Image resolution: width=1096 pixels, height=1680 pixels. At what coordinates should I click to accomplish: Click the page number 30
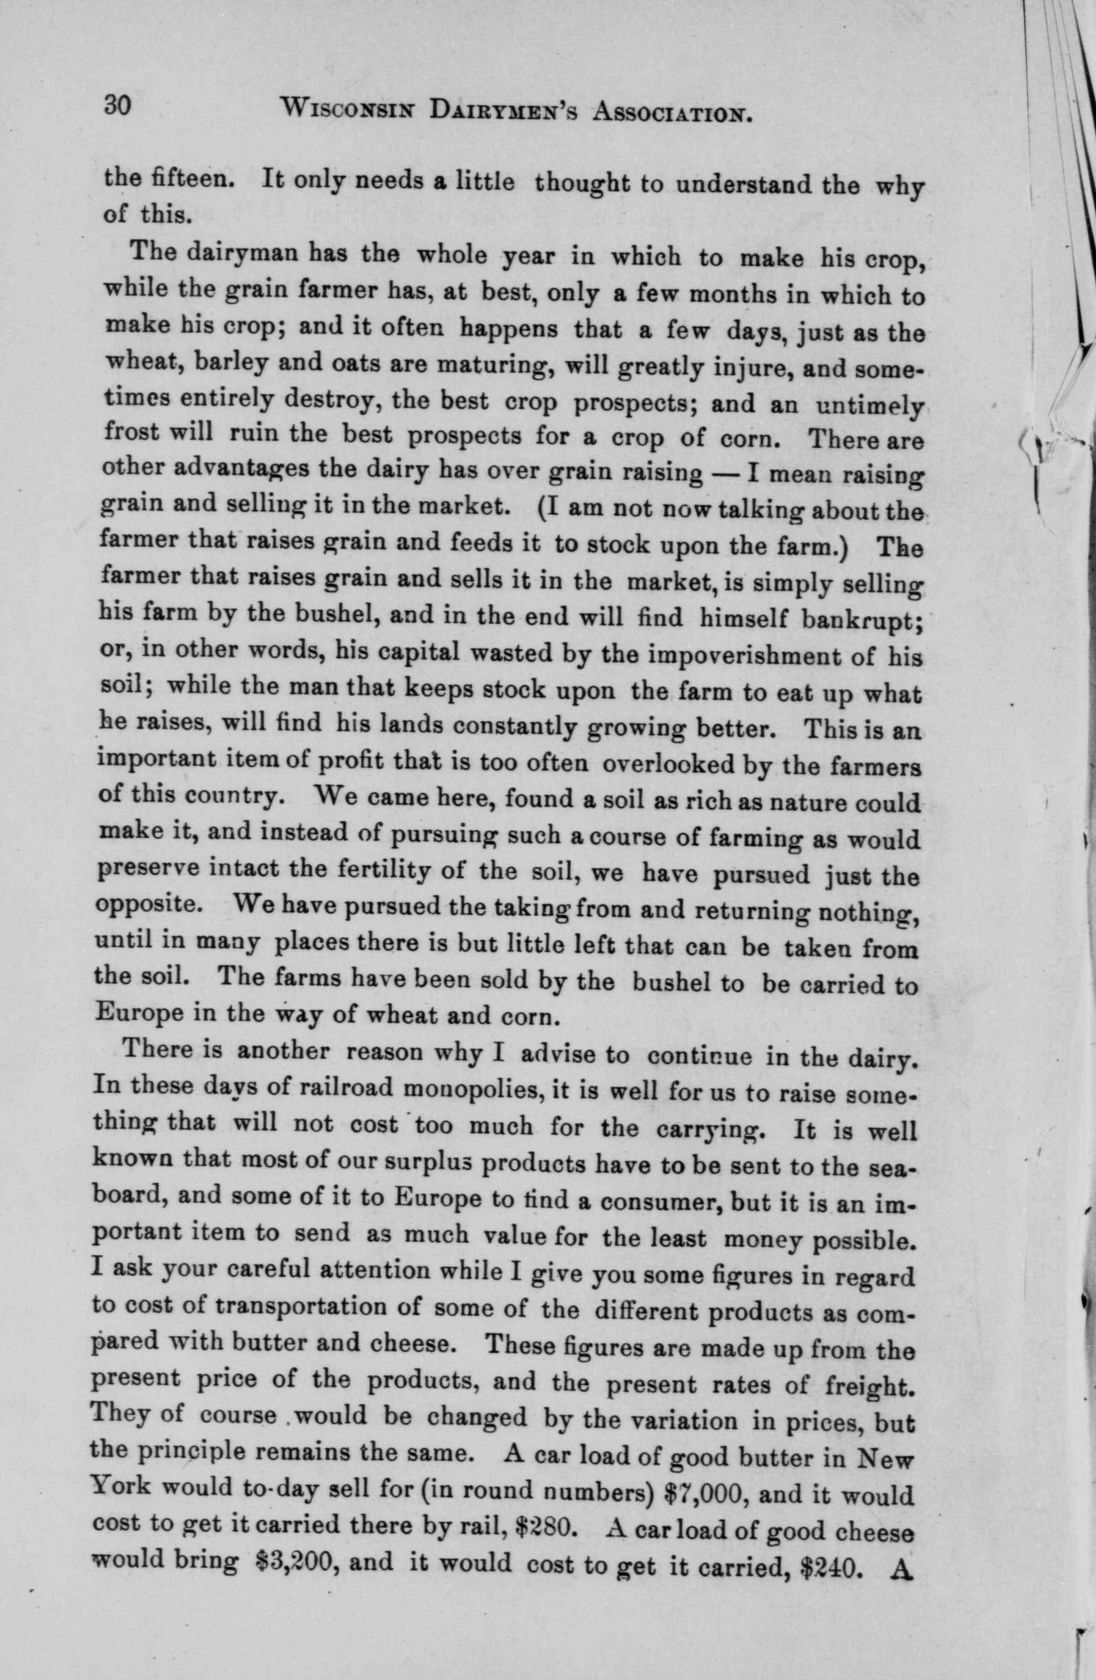[x=114, y=107]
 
